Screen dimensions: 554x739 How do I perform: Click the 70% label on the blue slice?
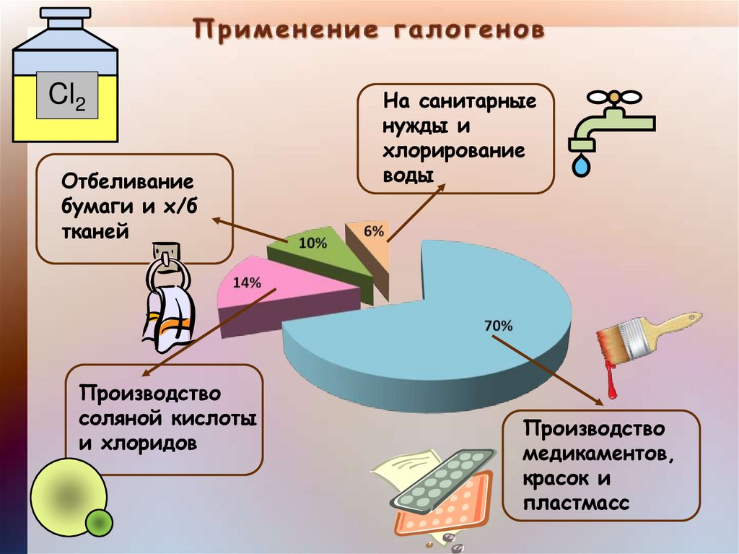coord(498,326)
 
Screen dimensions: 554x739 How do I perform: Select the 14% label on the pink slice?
coord(247,282)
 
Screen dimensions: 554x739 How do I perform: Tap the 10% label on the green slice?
coord(312,243)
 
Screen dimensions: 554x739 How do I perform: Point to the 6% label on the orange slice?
coord(373,231)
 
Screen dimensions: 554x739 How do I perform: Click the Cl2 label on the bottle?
coord(66,96)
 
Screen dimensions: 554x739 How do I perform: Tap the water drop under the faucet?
coord(580,165)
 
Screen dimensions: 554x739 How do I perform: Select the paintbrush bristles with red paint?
coord(620,339)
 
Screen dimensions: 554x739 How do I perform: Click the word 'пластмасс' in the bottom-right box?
coord(577,502)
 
